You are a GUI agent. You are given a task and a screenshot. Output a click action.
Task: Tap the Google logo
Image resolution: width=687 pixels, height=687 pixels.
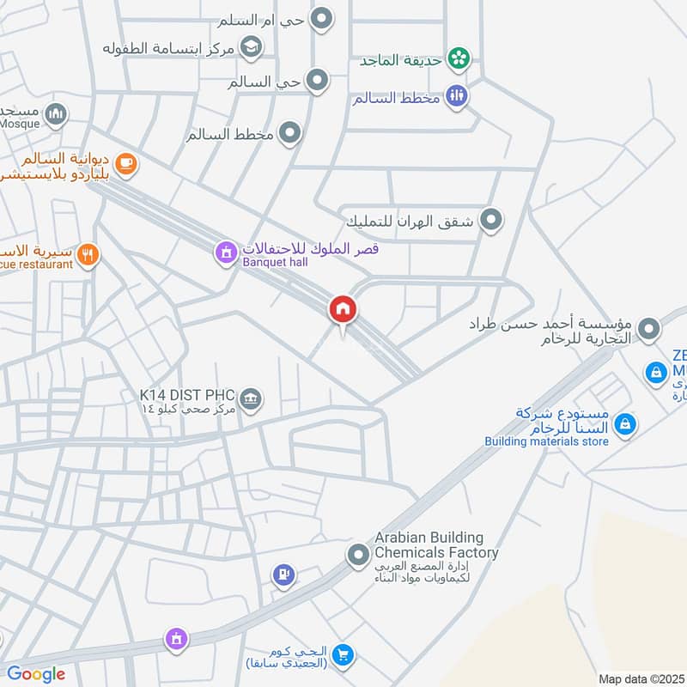coord(36,674)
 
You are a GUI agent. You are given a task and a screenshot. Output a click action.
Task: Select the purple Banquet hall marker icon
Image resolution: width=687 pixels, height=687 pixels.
coord(225,252)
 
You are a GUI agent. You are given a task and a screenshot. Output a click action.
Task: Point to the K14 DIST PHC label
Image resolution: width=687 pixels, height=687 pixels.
coord(187,395)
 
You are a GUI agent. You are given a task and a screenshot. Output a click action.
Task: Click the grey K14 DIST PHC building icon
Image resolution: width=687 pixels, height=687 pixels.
coord(251,398)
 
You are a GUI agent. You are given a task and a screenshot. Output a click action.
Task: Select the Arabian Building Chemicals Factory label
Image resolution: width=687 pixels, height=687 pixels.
coord(435,545)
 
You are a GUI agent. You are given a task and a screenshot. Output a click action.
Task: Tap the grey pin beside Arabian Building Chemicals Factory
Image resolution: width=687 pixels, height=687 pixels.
coord(358,556)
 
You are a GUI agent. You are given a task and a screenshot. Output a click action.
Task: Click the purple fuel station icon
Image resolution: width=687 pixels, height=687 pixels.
coord(283,575)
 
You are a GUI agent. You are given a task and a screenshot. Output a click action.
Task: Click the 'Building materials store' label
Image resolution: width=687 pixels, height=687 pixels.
coord(547,441)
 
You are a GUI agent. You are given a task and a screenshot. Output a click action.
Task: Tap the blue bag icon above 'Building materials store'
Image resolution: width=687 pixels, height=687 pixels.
coord(626,423)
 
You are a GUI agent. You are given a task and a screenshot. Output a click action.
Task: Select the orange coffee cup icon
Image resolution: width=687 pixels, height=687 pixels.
coord(125,163)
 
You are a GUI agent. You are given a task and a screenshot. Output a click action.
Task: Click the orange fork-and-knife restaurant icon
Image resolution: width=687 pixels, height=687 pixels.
coord(88,254)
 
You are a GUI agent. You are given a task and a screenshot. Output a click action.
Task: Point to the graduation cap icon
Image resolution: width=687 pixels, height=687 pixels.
coord(252,46)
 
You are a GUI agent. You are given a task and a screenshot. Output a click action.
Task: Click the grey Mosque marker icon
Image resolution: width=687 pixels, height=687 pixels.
coord(56,114)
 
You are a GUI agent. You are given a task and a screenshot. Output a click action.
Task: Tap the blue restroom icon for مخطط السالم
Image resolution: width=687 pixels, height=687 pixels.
coord(456,96)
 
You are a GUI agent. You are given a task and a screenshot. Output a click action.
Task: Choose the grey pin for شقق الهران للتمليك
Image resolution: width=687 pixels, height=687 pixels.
coord(491,221)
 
